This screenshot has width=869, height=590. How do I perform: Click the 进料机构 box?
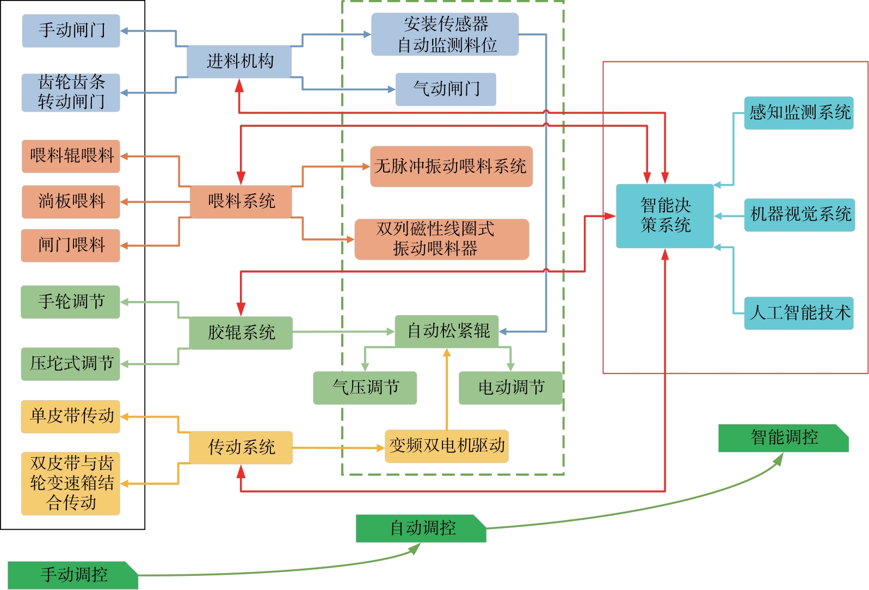pyautogui.click(x=239, y=62)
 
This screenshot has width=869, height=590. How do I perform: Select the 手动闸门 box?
pyautogui.click(x=71, y=30)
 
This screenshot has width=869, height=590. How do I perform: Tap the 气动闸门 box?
pyautogui.click(x=446, y=89)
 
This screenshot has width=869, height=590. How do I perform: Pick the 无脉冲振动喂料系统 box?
pyautogui.click(x=451, y=167)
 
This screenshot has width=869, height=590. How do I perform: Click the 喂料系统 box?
pyautogui.click(x=241, y=201)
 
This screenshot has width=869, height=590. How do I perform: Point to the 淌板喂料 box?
pyautogui.click(x=71, y=201)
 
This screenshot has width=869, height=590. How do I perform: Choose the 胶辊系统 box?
pyautogui.click(x=241, y=333)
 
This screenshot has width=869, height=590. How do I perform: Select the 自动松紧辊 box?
pyautogui.click(x=447, y=331)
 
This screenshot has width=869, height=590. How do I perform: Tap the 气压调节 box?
pyautogui.click(x=365, y=388)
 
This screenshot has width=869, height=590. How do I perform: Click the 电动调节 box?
pyautogui.click(x=510, y=388)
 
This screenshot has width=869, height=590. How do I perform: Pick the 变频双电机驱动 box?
pyautogui.click(x=447, y=446)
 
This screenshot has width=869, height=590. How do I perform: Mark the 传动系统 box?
pyautogui.click(x=241, y=447)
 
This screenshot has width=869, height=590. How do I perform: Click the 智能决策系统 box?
pyautogui.click(x=664, y=216)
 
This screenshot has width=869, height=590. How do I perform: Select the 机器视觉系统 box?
pyautogui.click(x=799, y=215)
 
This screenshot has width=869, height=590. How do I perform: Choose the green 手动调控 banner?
pyautogui.click(x=73, y=575)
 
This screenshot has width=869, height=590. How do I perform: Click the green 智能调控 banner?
pyautogui.click(x=783, y=438)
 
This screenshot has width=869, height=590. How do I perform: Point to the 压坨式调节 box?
pyautogui.click(x=71, y=364)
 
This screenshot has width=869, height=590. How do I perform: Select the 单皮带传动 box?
pyautogui.click(x=71, y=416)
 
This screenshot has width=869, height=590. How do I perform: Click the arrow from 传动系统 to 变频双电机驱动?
pyautogui.click(x=337, y=448)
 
